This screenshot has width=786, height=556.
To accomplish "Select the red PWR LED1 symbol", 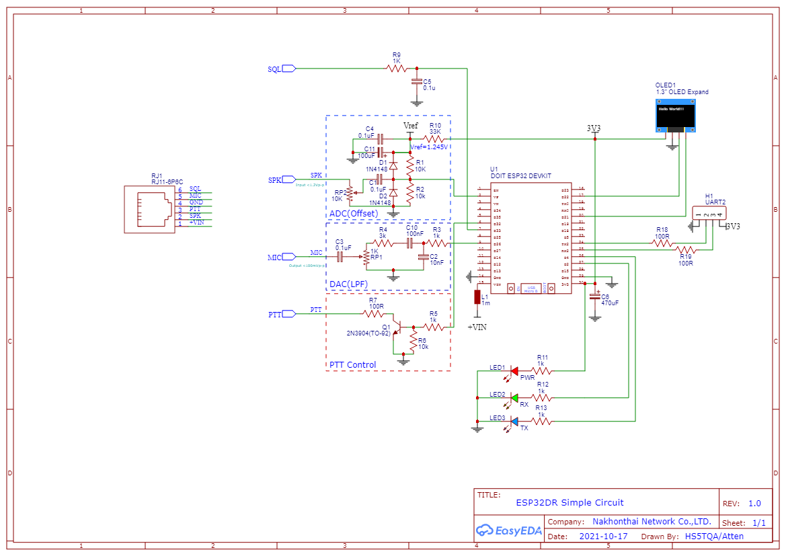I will (x=514, y=370).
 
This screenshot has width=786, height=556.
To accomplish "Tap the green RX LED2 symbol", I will (x=514, y=398).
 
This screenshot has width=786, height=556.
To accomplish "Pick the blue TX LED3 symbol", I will (x=514, y=422).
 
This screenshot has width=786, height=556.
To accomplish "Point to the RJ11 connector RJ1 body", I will (x=149, y=209).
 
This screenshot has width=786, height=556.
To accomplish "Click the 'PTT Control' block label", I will (x=352, y=365).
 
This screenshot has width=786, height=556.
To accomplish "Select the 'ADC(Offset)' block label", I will (x=354, y=214).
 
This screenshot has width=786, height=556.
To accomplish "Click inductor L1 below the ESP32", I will (x=477, y=297).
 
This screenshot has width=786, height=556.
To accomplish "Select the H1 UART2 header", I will (x=709, y=214).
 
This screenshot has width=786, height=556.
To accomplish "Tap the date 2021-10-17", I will (x=603, y=537).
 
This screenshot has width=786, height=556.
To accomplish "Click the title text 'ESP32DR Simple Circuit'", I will (x=569, y=502).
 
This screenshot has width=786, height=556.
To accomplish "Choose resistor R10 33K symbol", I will (x=434, y=139).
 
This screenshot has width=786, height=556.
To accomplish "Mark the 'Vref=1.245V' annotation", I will (x=430, y=147).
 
